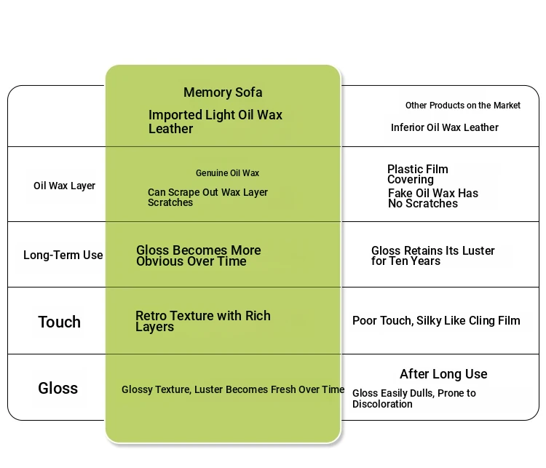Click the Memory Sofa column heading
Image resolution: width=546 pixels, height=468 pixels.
pos(223,92)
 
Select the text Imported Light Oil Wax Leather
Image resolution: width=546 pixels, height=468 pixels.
pos(215,122)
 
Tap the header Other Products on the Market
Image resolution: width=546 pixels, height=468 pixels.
pos(463,106)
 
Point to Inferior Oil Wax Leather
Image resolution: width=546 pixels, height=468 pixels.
pos(444,127)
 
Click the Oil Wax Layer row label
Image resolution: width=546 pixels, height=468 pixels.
pos(64,186)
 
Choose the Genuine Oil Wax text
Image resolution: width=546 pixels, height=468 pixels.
pos(227,173)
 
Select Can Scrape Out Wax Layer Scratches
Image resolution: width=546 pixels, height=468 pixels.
pos(207,197)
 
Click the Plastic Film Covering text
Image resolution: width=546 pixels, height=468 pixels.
pos(417,174)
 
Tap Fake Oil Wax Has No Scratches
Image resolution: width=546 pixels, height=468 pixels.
pos(432,198)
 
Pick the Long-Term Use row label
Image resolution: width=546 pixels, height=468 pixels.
pos(63,255)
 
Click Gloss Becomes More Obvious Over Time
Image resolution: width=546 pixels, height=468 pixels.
pos(198,255)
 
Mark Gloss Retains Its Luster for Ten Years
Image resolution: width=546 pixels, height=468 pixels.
pos(432,255)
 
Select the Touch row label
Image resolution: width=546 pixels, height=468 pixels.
pos(59,322)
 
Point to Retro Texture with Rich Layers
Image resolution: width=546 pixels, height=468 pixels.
pos(202,321)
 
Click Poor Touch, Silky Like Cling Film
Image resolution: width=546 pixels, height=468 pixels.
pos(436,321)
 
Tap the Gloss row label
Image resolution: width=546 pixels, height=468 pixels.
pos(58,388)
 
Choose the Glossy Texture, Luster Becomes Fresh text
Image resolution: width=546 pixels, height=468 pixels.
pos(232,389)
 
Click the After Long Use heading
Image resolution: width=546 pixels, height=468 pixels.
pos(443,374)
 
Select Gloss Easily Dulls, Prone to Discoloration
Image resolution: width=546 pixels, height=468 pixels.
pos(414,398)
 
